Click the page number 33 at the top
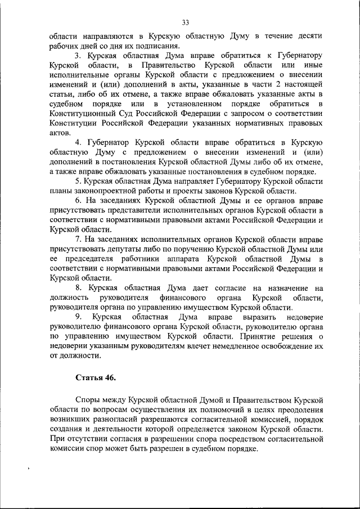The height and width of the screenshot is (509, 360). point(185,22)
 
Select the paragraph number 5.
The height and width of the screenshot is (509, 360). point(78,181)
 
